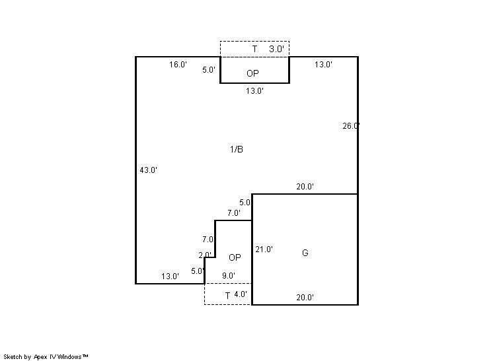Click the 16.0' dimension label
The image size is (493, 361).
point(178,65)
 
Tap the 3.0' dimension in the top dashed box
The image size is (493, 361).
point(276,49)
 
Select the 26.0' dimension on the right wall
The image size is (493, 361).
point(351,126)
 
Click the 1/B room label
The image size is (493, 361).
point(237,149)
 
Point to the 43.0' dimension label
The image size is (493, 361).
point(149,170)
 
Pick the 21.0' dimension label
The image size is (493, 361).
point(264,249)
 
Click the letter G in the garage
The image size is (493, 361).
point(305,253)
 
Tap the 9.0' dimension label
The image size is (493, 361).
point(229,276)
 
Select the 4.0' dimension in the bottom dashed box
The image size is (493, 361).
point(241,294)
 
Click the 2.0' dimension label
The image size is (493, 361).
point(205,255)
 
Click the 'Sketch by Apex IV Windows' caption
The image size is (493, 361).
point(46,357)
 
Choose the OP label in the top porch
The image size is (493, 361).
point(252,73)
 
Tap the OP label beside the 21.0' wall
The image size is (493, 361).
point(235,258)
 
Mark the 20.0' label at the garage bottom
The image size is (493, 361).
point(305,297)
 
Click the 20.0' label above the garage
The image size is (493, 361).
point(305,187)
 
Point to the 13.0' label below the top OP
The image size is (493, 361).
point(254,91)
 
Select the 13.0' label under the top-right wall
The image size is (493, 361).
point(323,65)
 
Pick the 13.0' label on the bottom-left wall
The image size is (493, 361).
point(170,277)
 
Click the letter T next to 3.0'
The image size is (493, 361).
point(254,49)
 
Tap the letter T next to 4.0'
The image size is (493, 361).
point(227,296)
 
